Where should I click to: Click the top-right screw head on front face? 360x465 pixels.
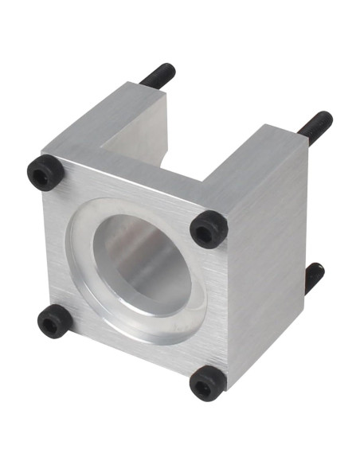[209, 229]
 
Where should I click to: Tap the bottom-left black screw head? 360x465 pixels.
[54, 321]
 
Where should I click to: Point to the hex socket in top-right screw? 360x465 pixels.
[206, 232]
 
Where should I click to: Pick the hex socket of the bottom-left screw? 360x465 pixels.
[53, 322]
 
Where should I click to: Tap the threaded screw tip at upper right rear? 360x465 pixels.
[317, 126]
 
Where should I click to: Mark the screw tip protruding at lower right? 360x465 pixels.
[315, 275]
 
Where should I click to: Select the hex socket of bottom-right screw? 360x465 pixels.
[206, 385]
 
